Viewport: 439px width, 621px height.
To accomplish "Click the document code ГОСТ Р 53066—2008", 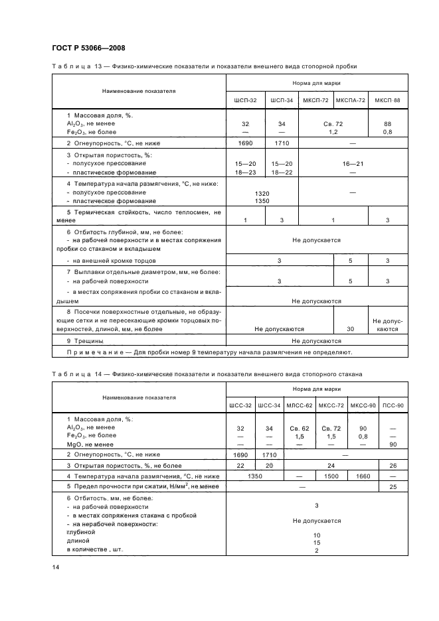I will [88, 48].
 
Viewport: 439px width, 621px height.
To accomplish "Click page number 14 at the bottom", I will [55, 567].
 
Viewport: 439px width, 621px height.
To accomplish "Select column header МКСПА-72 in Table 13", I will [351, 100].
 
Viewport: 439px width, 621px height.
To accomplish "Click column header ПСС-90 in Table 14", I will [393, 405].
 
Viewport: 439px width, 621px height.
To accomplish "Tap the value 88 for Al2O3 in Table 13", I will [387, 124].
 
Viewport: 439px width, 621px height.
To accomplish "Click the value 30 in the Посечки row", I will [351, 328].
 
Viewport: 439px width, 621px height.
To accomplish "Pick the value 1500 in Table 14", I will [330, 476].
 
